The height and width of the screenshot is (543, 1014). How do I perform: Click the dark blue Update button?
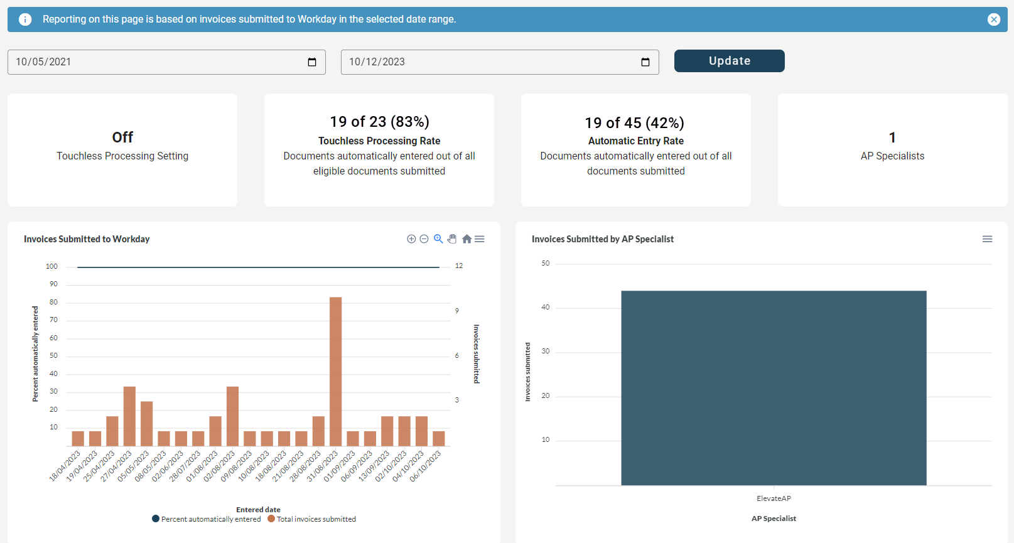tap(729, 61)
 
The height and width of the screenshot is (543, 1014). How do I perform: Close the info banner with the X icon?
tap(993, 19)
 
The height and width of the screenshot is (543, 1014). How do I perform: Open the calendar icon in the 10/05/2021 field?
tap(312, 62)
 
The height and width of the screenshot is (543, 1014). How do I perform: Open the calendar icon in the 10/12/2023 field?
tap(645, 62)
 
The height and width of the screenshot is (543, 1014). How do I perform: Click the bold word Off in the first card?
tap(122, 137)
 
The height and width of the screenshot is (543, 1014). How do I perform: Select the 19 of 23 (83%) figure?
tap(379, 121)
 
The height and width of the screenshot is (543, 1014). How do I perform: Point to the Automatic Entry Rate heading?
tap(635, 141)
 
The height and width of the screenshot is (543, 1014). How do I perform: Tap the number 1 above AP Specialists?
tap(892, 137)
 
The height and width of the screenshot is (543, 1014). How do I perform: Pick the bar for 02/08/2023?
tap(232, 416)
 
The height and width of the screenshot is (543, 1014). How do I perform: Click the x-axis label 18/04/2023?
tap(65, 466)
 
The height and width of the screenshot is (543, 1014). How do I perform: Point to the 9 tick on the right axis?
tap(457, 311)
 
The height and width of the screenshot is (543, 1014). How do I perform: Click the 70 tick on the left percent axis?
tap(53, 320)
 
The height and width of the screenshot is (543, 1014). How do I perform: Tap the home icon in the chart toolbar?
tap(467, 239)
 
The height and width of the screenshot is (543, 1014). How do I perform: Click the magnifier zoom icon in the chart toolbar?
tap(438, 239)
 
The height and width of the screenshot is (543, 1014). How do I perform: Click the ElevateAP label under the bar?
tap(774, 498)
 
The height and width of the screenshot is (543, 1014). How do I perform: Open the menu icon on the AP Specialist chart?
tap(987, 239)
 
